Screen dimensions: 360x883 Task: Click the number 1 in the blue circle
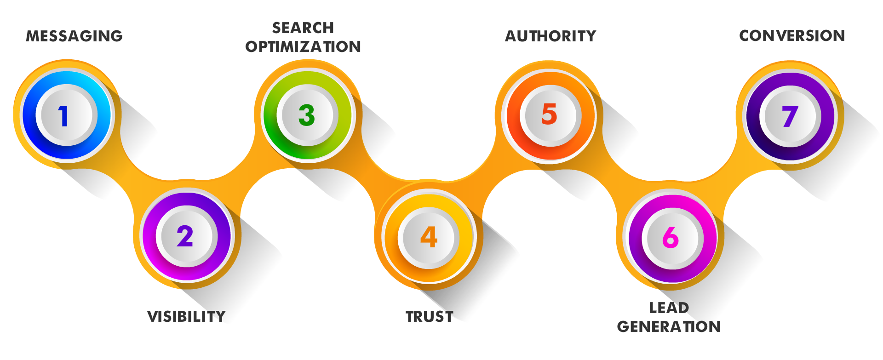tap(63, 116)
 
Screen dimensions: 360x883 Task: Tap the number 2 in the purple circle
tap(185, 236)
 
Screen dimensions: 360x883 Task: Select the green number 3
tap(306, 115)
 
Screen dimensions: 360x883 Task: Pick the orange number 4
tap(429, 237)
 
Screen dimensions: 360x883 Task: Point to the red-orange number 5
tap(549, 114)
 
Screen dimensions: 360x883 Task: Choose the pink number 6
tap(671, 237)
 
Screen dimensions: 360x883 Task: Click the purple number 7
tap(790, 116)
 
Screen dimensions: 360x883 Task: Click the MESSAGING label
tap(75, 36)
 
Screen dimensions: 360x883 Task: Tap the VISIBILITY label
tap(186, 316)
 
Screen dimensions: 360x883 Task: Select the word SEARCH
tap(303, 28)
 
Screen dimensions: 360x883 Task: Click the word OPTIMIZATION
tap(303, 46)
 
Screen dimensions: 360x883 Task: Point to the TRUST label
tap(430, 316)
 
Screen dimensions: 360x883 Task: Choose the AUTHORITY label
tap(550, 36)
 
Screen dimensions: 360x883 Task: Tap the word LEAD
tap(669, 308)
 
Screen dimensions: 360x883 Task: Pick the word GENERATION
tap(669, 326)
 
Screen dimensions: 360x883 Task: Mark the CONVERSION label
tap(792, 35)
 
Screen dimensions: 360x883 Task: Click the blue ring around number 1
tap(30, 115)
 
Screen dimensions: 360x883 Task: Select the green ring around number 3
tap(271, 115)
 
